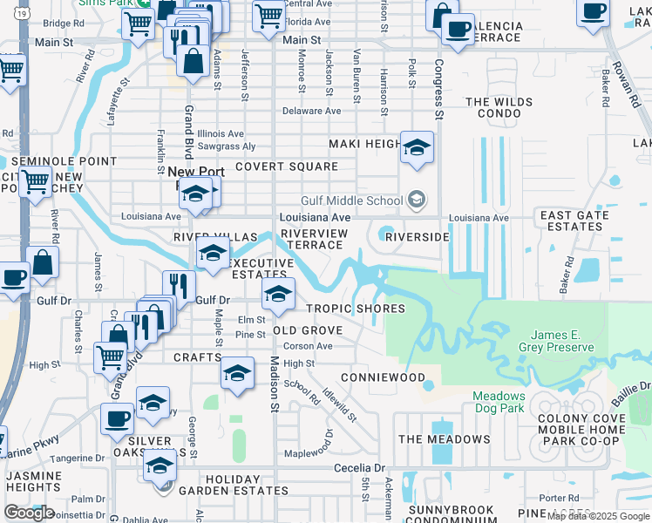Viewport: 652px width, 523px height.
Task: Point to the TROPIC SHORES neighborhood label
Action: pyautogui.click(x=355, y=309)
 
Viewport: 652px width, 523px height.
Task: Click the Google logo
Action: pyautogui.click(x=30, y=513)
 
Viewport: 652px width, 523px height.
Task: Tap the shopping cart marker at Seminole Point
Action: pyautogui.click(x=35, y=182)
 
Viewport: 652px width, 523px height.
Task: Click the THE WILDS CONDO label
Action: pyautogui.click(x=499, y=108)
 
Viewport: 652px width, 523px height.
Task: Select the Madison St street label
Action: pyautogui.click(x=273, y=384)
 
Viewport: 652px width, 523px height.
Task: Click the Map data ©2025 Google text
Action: pyautogui.click(x=599, y=516)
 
